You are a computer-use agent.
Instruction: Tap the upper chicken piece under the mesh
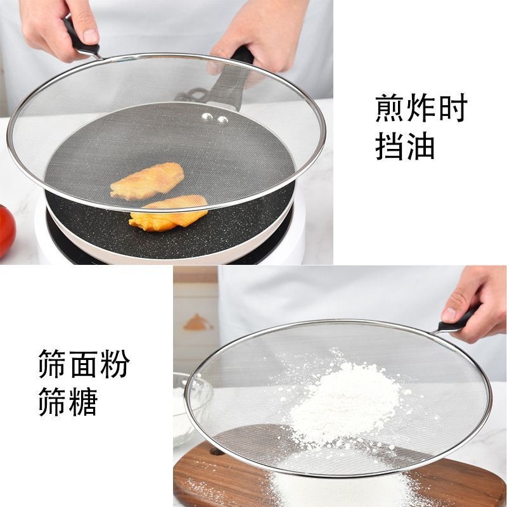click(147, 180)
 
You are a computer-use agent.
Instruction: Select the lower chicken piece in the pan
click(168, 212)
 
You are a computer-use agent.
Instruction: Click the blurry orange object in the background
click(198, 323)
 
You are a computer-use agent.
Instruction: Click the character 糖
click(83, 401)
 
